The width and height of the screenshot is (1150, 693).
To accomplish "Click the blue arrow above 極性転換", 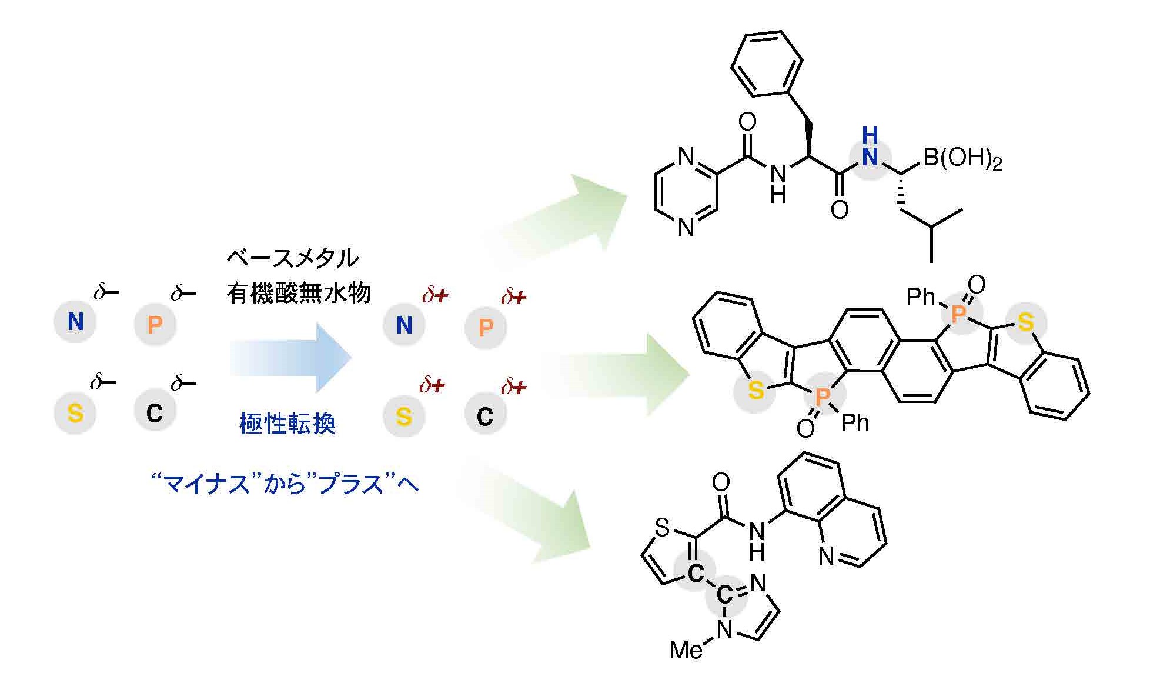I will [x=291, y=357].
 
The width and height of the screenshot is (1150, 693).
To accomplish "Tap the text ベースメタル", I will [x=292, y=258].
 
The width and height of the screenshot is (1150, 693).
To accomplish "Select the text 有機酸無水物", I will [x=299, y=292].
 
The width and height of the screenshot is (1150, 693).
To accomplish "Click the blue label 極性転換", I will [x=287, y=424].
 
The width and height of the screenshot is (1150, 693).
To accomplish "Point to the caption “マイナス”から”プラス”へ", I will [x=285, y=485].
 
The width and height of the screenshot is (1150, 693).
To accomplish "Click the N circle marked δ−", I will [x=75, y=322].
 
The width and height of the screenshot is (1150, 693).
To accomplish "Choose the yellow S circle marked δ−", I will [x=75, y=413].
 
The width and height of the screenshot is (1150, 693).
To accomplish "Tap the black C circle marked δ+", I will [x=485, y=417].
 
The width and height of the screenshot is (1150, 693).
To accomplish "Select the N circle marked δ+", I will [x=404, y=325].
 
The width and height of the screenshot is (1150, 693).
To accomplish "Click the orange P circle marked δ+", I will [x=486, y=327].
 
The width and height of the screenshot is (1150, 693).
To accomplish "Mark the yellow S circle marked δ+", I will [x=404, y=417].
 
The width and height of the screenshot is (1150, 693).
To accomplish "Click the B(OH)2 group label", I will [x=962, y=159].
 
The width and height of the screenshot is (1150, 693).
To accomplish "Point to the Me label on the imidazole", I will [x=686, y=650].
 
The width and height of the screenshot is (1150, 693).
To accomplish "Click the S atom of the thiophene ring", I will [x=663, y=528].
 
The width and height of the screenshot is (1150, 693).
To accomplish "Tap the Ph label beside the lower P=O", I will [x=855, y=423].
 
